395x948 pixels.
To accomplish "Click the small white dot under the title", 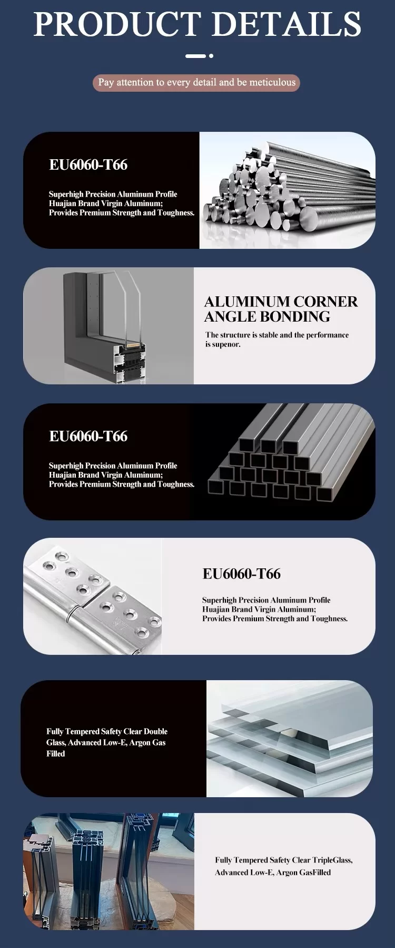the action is pos(211,55).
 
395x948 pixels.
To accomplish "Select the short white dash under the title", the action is pos(195,55).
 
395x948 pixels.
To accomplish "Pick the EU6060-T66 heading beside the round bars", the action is pos(88,165).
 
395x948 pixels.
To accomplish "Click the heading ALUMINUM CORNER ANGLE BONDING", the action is pos(281,309).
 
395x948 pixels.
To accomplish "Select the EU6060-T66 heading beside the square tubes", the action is pos(88,437).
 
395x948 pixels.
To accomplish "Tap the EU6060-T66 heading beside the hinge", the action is pos(241,574).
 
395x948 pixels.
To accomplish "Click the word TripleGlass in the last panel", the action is pos(332,860).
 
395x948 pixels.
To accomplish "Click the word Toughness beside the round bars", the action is pos(176,213).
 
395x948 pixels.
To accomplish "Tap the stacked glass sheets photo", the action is pos(290,738).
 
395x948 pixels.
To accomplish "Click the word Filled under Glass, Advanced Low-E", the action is pos(55,754).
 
